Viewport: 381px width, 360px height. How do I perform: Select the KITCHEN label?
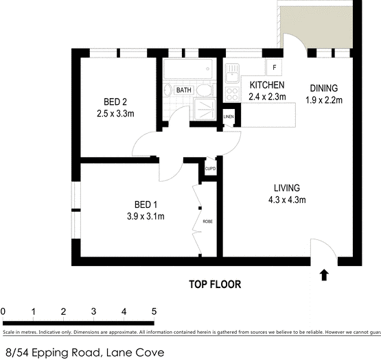tap(266, 85)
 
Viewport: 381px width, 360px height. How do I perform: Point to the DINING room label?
tap(323, 88)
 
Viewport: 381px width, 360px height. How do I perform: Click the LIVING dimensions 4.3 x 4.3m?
tap(287, 200)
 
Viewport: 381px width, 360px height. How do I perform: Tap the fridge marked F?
tap(275, 67)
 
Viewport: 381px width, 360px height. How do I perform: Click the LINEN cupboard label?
tap(229, 117)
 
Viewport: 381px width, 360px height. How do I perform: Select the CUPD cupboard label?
tap(210, 169)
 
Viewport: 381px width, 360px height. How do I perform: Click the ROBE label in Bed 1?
tap(207, 221)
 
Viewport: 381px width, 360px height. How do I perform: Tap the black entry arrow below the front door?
tap(324, 275)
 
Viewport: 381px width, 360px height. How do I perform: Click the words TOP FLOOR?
tap(215, 284)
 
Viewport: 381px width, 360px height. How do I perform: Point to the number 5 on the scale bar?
tap(154, 312)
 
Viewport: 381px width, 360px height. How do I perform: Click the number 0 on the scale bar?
tap(3, 312)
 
